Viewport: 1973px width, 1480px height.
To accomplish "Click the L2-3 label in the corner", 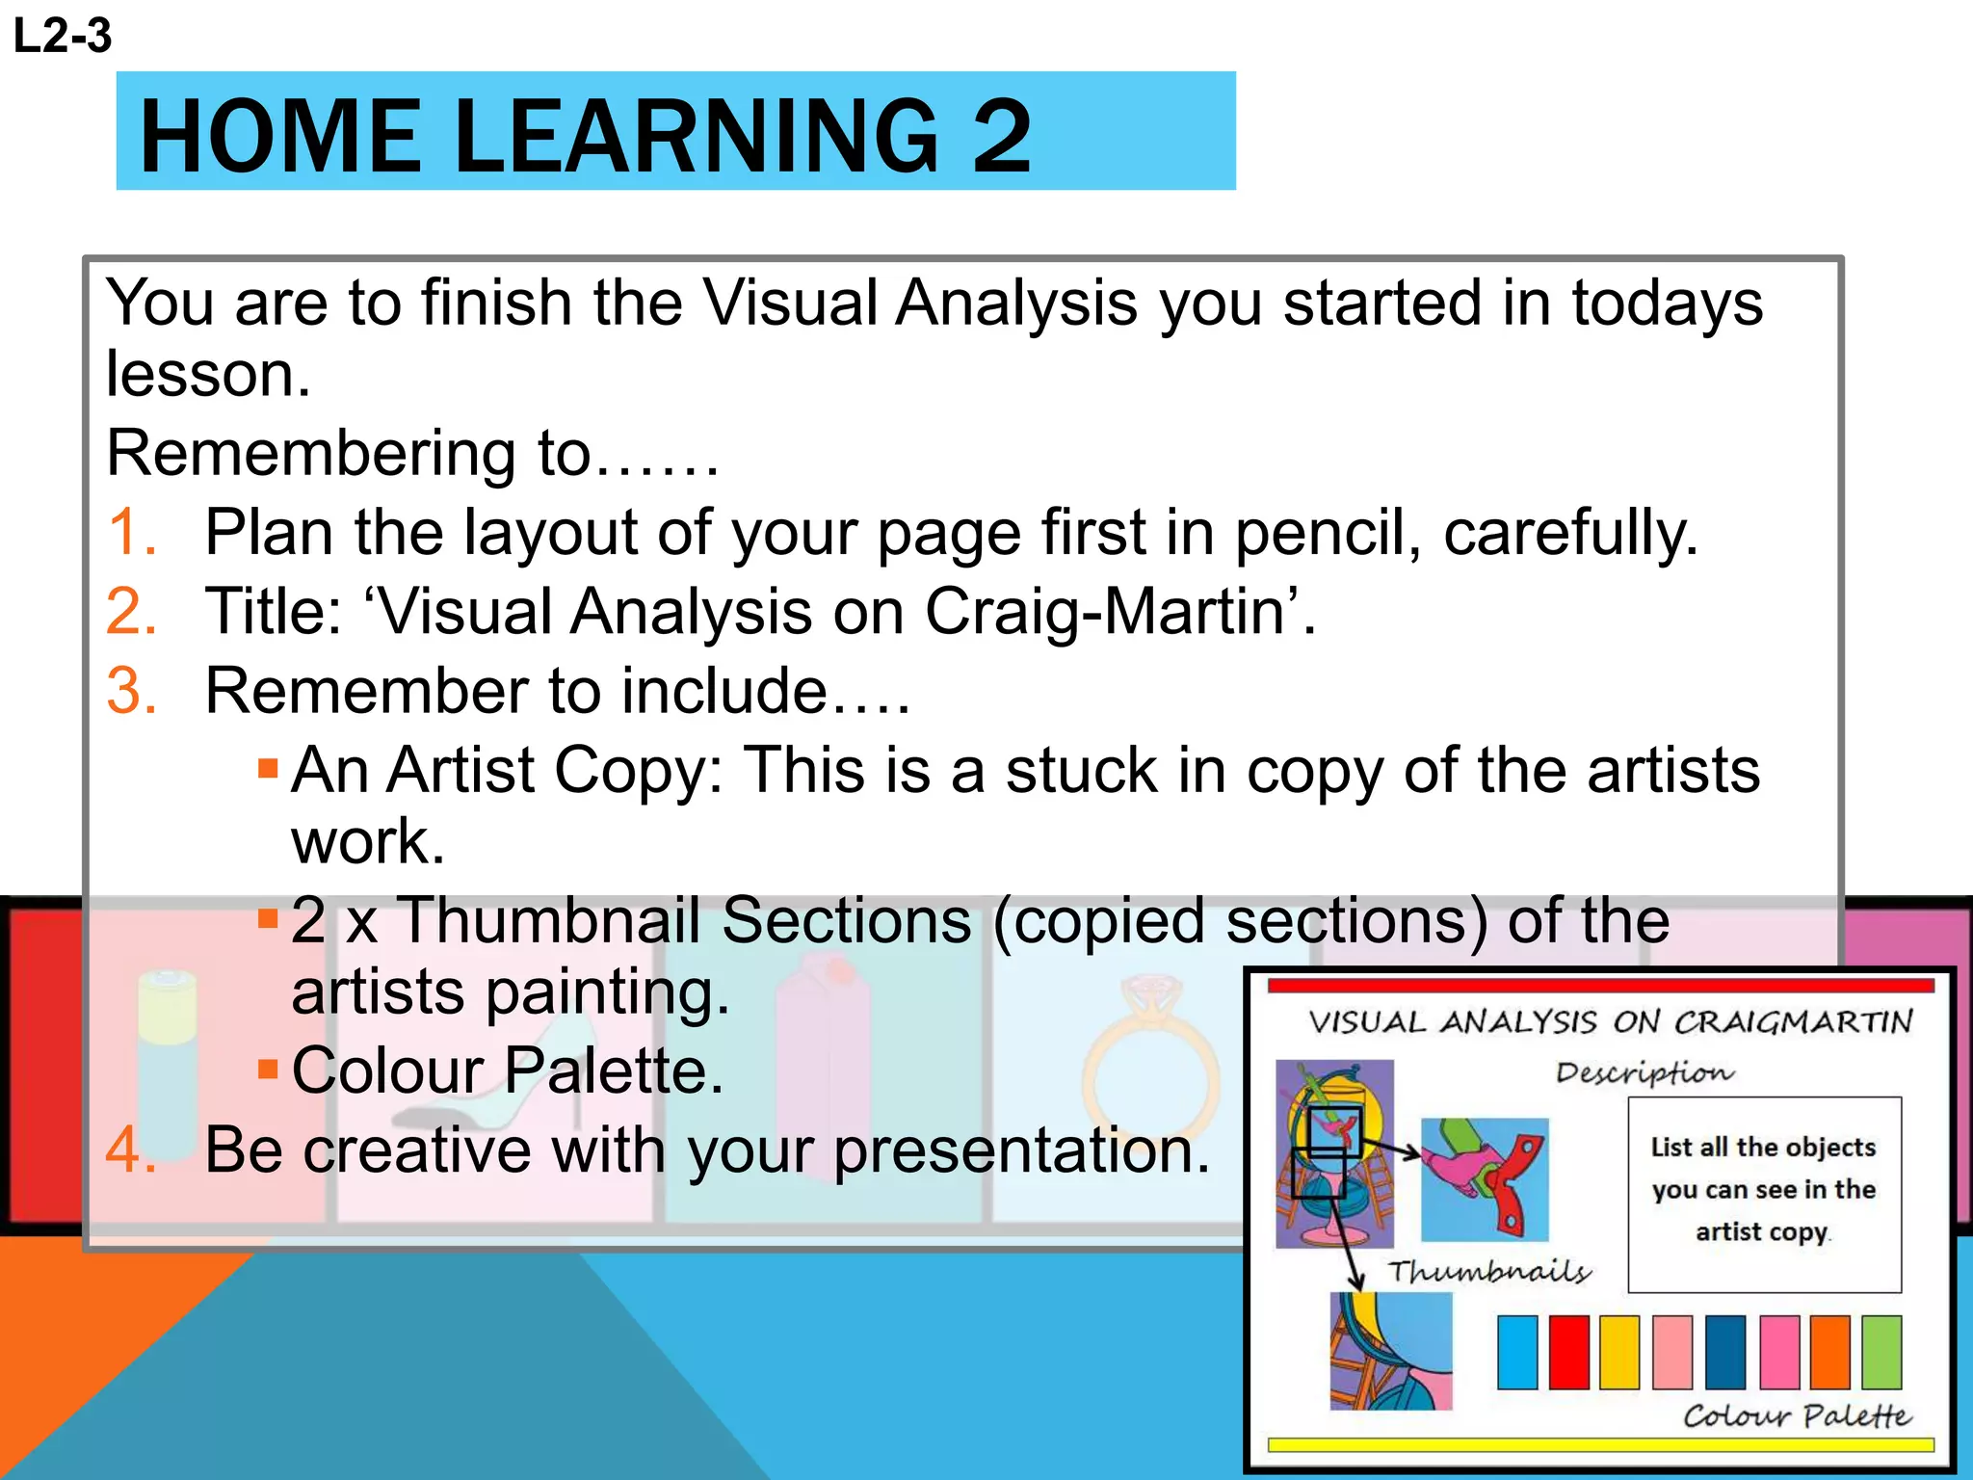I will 63,37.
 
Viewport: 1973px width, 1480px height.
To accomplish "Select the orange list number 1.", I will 131,532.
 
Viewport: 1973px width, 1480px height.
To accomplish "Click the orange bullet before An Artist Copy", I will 268,769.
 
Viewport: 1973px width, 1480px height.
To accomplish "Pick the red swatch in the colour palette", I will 1568,1352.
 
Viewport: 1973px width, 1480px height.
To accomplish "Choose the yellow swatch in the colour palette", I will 1619,1352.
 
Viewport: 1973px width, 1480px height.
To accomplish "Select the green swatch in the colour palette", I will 1881,1352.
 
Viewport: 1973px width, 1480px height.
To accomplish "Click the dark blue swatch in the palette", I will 1724,1352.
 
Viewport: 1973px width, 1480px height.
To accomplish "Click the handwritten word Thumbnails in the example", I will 1489,1272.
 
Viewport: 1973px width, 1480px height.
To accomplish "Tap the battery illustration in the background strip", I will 167,1060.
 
